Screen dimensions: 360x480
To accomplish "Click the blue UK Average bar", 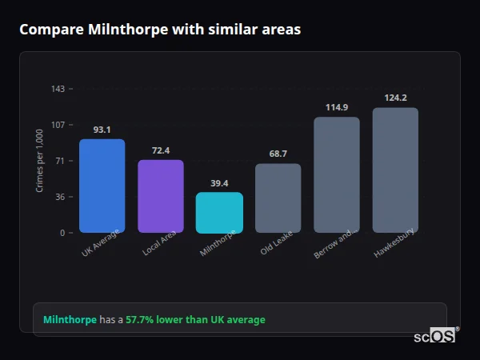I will coord(102,186).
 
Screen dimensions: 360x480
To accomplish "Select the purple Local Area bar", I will coord(160,196).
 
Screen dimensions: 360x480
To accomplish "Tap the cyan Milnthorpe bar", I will coord(219,213).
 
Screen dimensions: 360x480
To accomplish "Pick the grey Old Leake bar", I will coord(278,198).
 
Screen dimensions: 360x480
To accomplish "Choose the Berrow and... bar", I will coord(336,175).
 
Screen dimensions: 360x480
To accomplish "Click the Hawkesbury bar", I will coord(395,170).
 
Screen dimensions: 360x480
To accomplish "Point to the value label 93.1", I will coord(102,130).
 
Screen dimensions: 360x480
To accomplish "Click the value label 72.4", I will coord(160,150).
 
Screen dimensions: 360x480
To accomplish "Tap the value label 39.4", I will coord(219,183).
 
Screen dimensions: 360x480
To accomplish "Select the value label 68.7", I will coord(278,154).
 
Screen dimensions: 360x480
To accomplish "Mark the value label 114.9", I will coord(336,107).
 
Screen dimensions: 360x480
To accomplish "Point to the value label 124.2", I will coord(395,98).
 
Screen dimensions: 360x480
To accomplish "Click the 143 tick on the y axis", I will coord(58,89).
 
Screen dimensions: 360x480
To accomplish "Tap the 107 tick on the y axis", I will coord(58,125).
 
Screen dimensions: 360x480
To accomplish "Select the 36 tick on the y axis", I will coord(60,197).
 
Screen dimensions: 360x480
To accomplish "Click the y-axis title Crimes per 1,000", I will coord(40,160).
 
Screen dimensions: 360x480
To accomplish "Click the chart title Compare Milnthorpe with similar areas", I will coord(160,30).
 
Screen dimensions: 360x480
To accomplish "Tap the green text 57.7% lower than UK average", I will coord(195,320).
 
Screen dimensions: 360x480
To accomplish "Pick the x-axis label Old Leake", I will coord(278,245).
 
